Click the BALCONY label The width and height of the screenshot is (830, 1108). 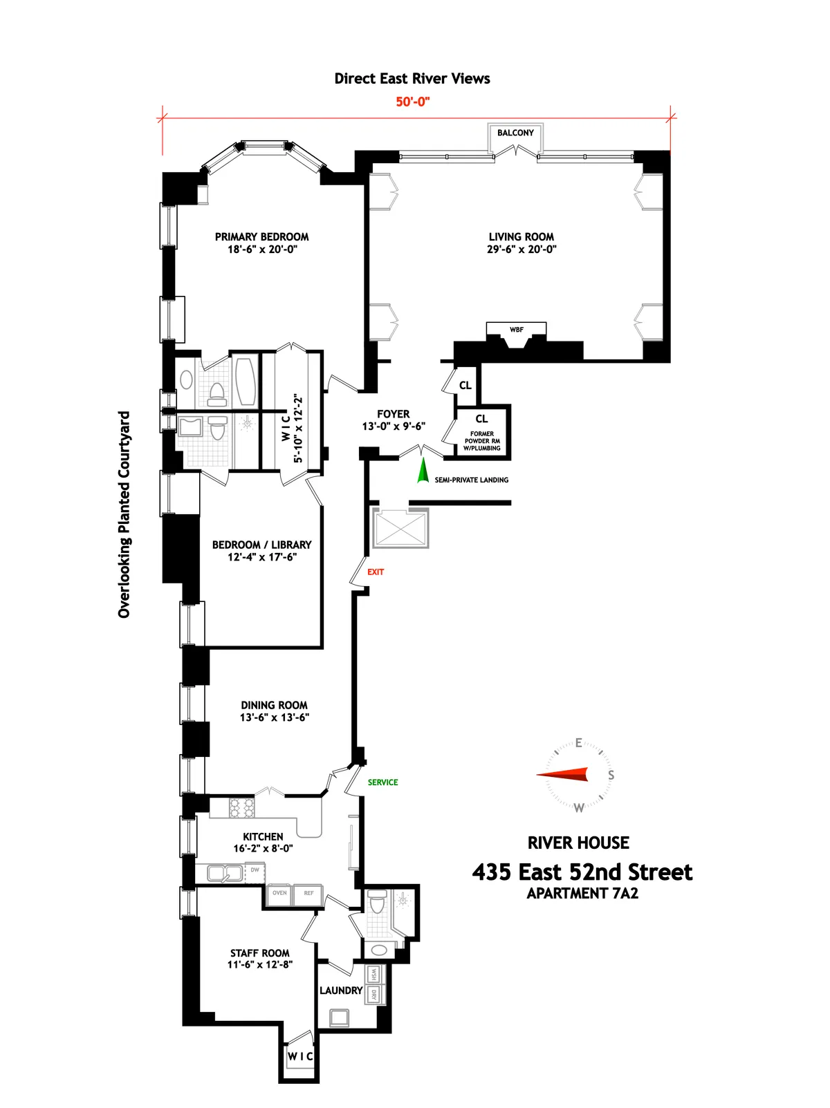(x=515, y=133)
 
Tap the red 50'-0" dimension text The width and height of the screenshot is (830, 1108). (x=413, y=102)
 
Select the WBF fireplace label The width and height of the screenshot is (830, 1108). (x=516, y=330)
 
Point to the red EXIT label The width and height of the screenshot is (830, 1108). (x=376, y=572)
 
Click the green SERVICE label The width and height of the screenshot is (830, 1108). (x=382, y=782)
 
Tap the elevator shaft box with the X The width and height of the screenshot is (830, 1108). (x=400, y=528)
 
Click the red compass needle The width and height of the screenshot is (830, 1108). (x=564, y=775)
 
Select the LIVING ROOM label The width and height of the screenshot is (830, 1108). (x=521, y=236)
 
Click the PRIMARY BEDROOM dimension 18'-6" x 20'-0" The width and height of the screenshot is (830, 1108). (x=262, y=249)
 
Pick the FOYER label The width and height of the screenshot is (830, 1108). (x=393, y=414)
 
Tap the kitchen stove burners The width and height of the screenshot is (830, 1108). (x=241, y=808)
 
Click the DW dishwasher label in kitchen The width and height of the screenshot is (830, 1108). (x=255, y=870)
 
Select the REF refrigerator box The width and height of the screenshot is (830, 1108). (x=308, y=894)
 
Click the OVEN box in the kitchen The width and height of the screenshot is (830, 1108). (x=279, y=894)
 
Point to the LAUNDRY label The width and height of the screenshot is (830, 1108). (x=341, y=990)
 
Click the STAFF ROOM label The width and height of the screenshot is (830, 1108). (x=260, y=952)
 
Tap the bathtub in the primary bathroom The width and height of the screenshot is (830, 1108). (x=246, y=379)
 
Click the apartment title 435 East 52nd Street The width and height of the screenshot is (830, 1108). (x=582, y=872)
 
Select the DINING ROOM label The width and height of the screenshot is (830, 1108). (x=274, y=705)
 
